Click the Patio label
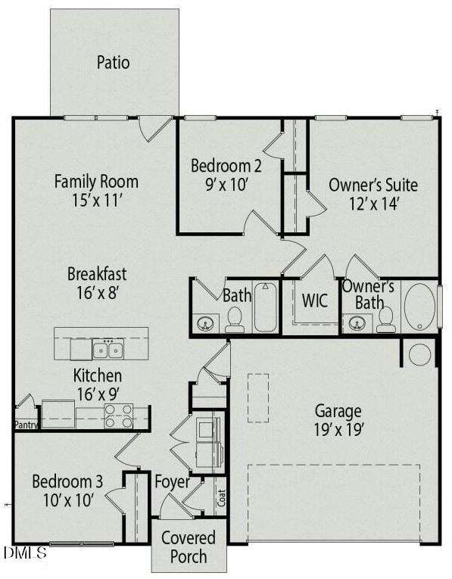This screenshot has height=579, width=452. tap(113, 62)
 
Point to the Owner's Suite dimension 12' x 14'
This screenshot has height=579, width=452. tap(373, 203)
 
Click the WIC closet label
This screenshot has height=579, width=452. tap(315, 300)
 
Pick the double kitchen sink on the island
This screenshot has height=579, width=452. tap(108, 350)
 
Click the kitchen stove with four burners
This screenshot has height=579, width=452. tap(118, 416)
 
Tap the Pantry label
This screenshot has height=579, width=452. tap(26, 425)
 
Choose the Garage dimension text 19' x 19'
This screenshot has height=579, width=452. tap(338, 430)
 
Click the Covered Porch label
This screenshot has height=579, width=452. tap(188, 547)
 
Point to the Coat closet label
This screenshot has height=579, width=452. tap(222, 498)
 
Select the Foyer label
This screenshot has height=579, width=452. tap(173, 481)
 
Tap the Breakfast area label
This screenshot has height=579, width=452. tap(97, 274)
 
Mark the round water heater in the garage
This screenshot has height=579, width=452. tap(419, 353)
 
